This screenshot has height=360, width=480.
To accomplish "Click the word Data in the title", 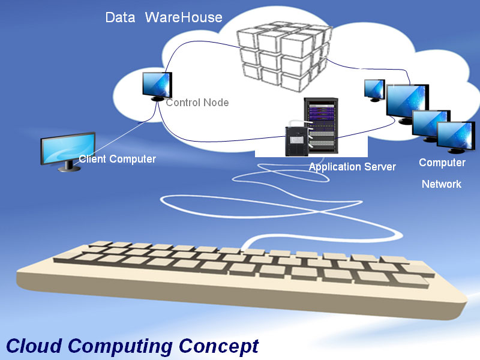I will [x=119, y=17].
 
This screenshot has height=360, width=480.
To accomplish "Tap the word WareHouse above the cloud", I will [x=183, y=17].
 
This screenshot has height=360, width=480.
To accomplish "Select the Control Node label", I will [x=197, y=103].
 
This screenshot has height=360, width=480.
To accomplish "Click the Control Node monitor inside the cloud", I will [x=157, y=84].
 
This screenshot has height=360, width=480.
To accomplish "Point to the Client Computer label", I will [x=118, y=159].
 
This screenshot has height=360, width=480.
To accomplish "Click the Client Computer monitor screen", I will [x=68, y=148].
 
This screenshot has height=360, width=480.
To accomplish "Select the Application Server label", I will [x=352, y=167].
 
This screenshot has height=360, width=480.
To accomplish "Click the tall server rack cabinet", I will [x=321, y=126].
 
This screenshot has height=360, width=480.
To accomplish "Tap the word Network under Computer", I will [x=442, y=184].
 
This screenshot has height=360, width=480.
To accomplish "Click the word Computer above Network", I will [x=442, y=163].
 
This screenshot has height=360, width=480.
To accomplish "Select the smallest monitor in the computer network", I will [x=374, y=89].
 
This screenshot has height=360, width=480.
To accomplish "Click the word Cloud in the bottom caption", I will [x=34, y=346].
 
